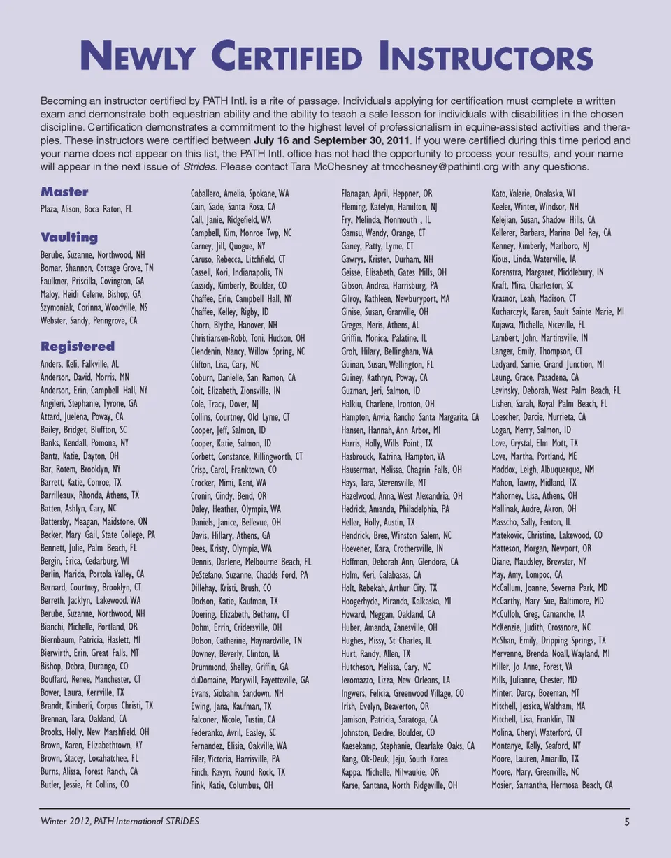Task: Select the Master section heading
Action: (64, 191)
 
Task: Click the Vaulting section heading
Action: (69, 237)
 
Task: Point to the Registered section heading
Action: (78, 346)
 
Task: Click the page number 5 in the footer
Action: (627, 822)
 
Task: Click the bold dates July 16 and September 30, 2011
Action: (333, 140)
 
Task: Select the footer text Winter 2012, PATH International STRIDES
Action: (120, 821)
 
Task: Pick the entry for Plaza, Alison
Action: (86, 209)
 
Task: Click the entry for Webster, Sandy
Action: (89, 321)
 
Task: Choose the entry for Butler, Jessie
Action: (85, 785)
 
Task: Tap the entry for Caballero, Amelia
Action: (240, 193)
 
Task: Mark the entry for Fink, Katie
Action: (232, 785)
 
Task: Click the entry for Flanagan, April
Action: (387, 193)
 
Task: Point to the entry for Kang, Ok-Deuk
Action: (395, 759)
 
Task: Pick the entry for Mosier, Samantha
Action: (552, 785)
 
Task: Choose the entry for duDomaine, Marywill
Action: (250, 680)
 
